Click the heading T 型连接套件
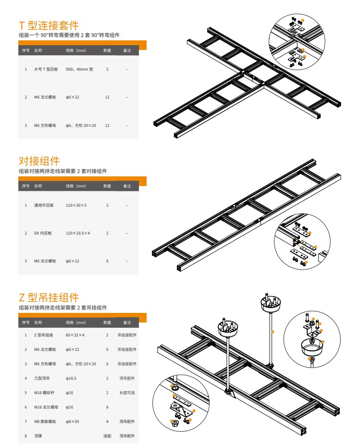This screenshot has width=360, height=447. [x=49, y=25]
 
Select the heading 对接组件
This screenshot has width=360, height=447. [x=39, y=161]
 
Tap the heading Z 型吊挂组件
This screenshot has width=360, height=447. [x=49, y=298]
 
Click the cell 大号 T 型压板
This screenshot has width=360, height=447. [x=46, y=69]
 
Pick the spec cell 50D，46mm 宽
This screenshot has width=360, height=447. [x=79, y=69]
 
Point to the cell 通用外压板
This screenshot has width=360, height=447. [x=44, y=205]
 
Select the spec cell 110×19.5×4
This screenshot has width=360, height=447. [x=78, y=233]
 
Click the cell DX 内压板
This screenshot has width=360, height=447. [x=43, y=233]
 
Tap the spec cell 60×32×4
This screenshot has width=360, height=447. [x=75, y=335]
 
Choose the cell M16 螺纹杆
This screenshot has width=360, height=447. [x=44, y=393]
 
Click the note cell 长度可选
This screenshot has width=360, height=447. [x=127, y=393]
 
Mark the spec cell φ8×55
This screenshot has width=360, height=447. [x=73, y=422]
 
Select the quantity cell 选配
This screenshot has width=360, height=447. [x=107, y=436]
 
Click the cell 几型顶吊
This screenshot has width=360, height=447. [x=42, y=378]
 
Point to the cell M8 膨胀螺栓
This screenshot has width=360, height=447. [x=45, y=422]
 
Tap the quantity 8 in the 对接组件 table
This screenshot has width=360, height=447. [x=107, y=261]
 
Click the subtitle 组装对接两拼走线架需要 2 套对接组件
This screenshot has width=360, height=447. [x=62, y=171]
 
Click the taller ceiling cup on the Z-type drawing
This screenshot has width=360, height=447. [x=271, y=303]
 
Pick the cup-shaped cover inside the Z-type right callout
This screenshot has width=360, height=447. [x=312, y=347]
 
